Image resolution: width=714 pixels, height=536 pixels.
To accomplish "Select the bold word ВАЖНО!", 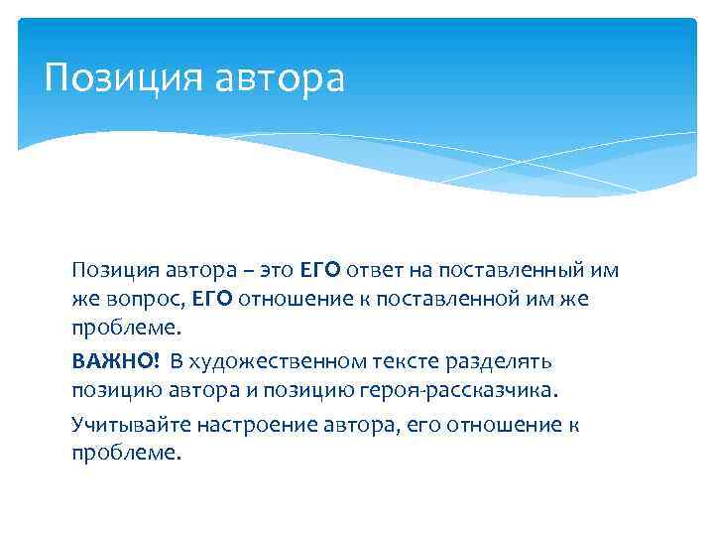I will click(114, 359).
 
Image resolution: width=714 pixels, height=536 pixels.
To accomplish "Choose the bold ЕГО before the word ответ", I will click(318, 270).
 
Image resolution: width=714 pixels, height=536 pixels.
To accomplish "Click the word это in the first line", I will click(277, 270).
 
